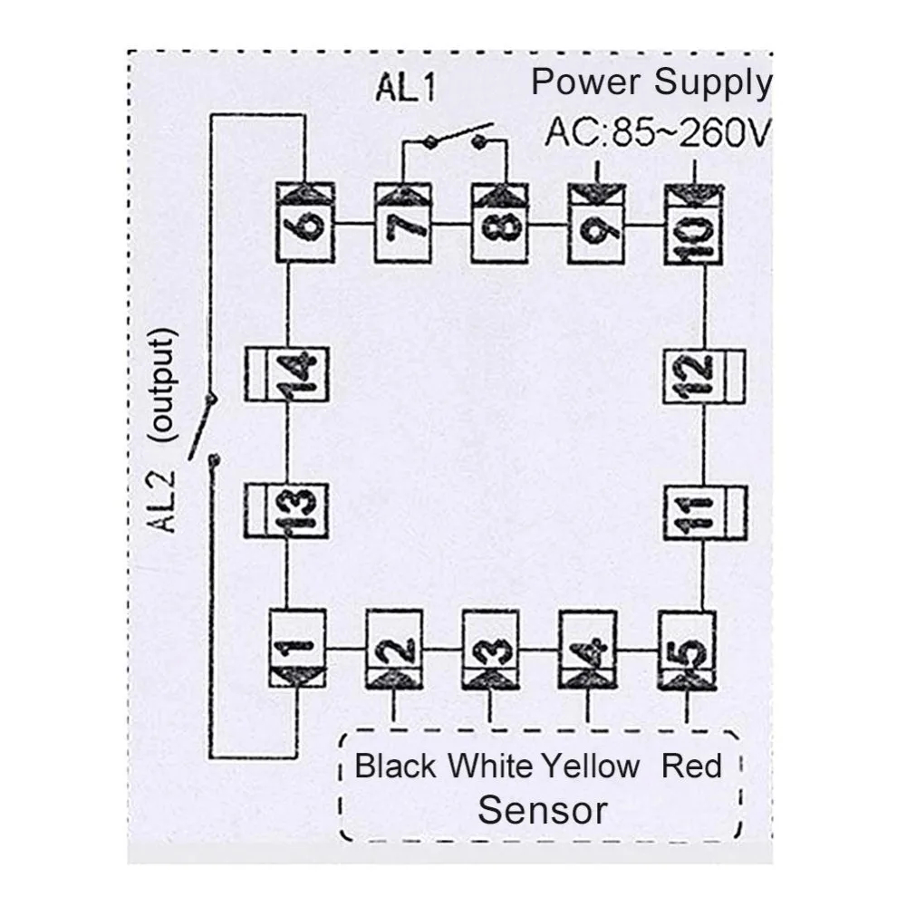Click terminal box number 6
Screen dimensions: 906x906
[x=305, y=223]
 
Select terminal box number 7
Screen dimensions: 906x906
[x=403, y=223]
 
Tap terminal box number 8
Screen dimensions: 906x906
[x=500, y=223]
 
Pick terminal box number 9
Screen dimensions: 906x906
[x=597, y=223]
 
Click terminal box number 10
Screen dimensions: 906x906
[x=693, y=224]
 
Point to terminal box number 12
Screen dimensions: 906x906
[x=704, y=376]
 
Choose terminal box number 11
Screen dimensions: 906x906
[x=704, y=513]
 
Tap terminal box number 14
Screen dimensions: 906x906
[x=286, y=374]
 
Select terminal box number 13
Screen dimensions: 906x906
[x=286, y=511]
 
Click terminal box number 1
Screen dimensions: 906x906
[x=298, y=649]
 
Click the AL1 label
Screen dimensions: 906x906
[x=406, y=88]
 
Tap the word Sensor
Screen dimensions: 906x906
[x=543, y=810]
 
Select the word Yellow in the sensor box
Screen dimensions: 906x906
[x=591, y=766]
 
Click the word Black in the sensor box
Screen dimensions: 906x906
[x=395, y=766]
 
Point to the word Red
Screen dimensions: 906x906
[x=691, y=766]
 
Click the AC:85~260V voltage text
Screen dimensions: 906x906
[x=658, y=132]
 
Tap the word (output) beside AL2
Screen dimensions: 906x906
[x=160, y=385]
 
